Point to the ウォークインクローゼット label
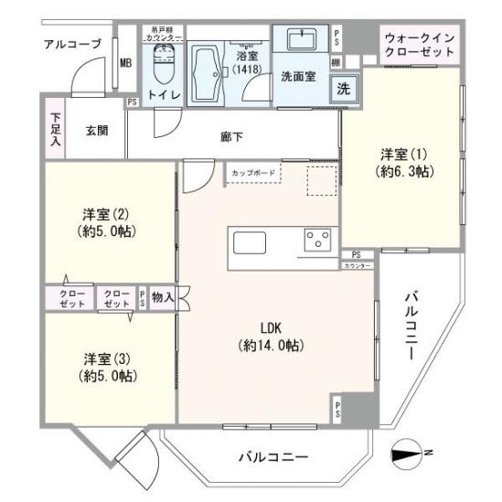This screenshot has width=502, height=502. click(421, 46)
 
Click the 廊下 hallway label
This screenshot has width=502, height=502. click(231, 137)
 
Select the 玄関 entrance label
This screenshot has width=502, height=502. click(97, 130)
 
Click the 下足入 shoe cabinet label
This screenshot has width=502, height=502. click(56, 130)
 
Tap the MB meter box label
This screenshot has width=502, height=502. click(125, 63)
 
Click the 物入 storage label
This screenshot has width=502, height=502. click(165, 297)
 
